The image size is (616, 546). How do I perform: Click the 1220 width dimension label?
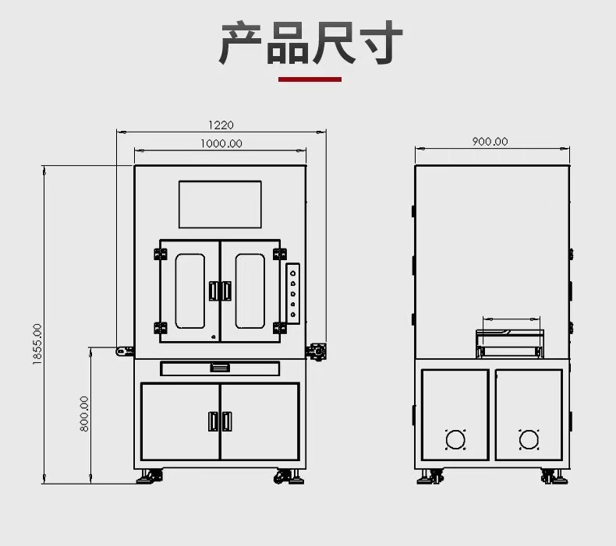[x=221, y=125]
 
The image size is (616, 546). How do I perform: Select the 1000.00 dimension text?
[x=221, y=143]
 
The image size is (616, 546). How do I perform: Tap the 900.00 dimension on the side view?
[x=490, y=141]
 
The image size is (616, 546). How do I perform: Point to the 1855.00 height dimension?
[x=37, y=344]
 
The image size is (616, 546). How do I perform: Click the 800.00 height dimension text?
[x=84, y=414]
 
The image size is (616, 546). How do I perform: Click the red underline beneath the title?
[x=310, y=79]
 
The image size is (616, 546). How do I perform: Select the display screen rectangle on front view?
[x=220, y=204]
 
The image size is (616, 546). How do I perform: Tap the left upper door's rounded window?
[x=190, y=291]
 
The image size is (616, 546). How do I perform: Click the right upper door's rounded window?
[x=250, y=291]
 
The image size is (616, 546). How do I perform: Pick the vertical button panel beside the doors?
[x=292, y=293]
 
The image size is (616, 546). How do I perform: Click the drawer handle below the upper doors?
[x=220, y=368]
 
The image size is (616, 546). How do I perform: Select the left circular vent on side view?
[x=455, y=439]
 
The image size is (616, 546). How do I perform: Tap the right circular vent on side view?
[x=529, y=439]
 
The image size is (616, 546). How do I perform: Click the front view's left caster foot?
[x=150, y=476]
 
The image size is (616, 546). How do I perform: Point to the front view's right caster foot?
[x=289, y=476]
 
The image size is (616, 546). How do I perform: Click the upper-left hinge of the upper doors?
[x=161, y=254]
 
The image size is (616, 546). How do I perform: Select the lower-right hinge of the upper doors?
[x=280, y=328]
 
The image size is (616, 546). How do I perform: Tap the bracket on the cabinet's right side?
[x=317, y=352]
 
